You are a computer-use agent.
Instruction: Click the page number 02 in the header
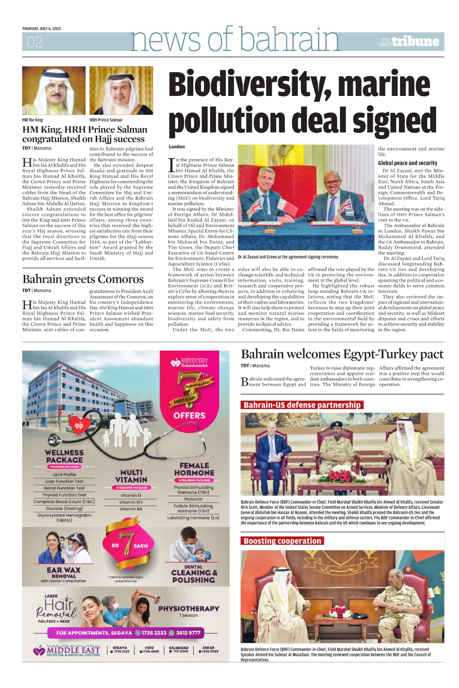(x=34, y=42)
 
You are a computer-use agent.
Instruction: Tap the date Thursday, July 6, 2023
(x=41, y=29)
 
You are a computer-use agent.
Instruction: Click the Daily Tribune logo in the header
(x=409, y=42)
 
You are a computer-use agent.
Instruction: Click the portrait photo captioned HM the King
(x=54, y=91)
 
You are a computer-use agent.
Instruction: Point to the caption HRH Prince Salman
(x=106, y=120)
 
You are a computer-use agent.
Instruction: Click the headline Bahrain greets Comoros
(x=83, y=279)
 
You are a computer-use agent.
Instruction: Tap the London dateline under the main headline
(x=177, y=147)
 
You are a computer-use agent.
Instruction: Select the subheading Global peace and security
(x=407, y=163)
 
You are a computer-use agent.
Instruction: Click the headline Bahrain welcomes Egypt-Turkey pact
(x=342, y=354)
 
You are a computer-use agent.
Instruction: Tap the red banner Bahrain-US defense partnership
(x=302, y=405)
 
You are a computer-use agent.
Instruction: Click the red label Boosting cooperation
(x=283, y=540)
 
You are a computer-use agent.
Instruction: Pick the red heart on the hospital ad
(x=80, y=425)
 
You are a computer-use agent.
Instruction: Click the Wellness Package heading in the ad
(x=64, y=456)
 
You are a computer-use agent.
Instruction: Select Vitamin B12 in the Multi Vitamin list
(x=131, y=502)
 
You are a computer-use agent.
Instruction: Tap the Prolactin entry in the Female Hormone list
(x=193, y=499)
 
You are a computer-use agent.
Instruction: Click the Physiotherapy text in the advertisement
(x=189, y=608)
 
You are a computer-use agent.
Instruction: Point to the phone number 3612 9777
(x=188, y=633)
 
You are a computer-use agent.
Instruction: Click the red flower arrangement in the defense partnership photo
(x=342, y=475)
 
